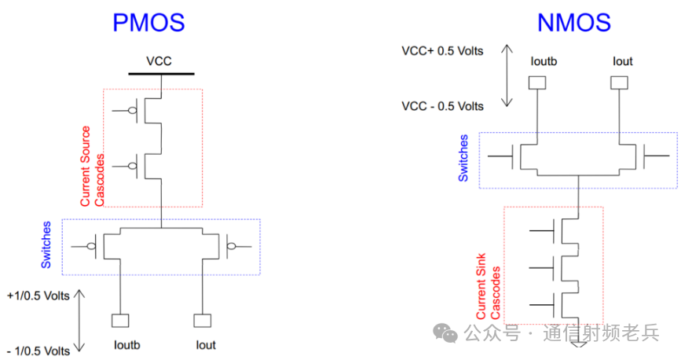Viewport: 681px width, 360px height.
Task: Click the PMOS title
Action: point(149,21)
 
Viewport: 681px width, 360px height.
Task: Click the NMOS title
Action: point(574,22)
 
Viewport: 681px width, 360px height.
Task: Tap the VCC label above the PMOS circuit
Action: point(159,61)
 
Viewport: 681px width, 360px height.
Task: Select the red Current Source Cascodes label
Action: point(92,166)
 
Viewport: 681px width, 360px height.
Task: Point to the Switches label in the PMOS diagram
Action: point(46,245)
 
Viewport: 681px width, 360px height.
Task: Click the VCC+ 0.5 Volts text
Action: point(442,51)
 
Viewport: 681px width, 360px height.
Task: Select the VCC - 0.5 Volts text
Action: point(443,106)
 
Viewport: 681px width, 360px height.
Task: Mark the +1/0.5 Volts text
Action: point(38,296)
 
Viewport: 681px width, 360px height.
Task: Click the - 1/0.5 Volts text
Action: point(38,351)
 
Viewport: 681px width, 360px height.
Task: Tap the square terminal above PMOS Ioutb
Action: point(121,321)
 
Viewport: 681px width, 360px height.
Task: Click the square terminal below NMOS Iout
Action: point(620,82)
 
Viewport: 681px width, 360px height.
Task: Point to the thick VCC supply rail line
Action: point(162,74)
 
